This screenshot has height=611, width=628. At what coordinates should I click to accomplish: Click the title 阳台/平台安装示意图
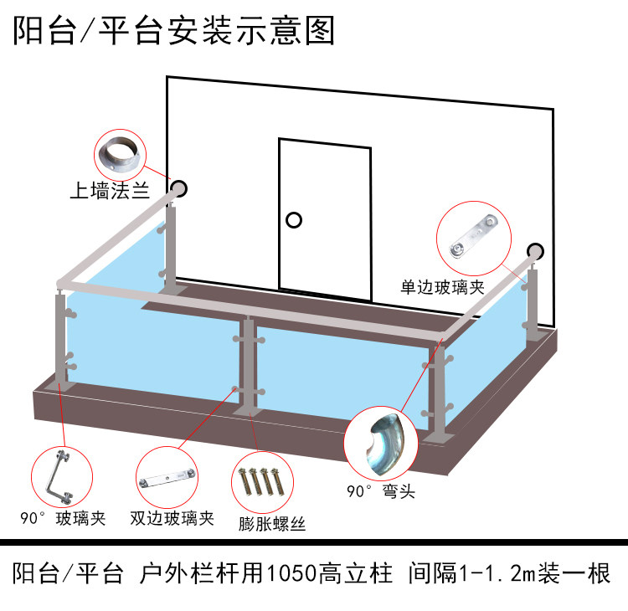click(174, 31)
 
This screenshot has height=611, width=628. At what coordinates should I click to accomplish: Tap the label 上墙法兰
click(110, 192)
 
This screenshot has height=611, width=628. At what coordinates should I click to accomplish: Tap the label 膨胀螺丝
click(272, 525)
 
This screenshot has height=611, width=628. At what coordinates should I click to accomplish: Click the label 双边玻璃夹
click(172, 518)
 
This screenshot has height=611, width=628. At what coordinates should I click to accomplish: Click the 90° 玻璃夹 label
click(64, 518)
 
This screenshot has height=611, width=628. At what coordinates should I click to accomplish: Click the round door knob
click(292, 220)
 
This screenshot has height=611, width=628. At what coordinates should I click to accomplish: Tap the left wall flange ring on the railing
click(179, 188)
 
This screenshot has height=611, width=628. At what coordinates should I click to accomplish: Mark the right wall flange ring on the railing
click(534, 250)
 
